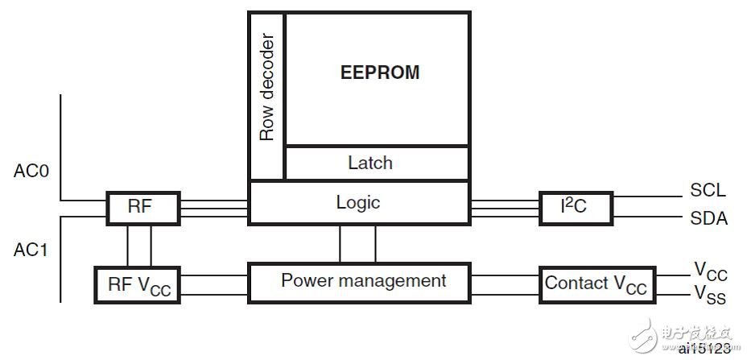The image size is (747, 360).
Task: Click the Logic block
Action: [358, 202]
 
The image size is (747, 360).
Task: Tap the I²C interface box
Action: [575, 207]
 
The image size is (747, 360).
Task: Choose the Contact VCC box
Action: [596, 284]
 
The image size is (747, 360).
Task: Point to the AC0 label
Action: [32, 171]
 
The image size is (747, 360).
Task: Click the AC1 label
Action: [32, 250]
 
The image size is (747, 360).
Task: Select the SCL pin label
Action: [708, 191]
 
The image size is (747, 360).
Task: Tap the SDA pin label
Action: [708, 217]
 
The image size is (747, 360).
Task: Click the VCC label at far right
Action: [709, 271]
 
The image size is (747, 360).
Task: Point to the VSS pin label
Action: [709, 296]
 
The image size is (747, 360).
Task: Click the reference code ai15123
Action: [705, 350]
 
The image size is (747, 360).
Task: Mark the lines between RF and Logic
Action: [214, 208]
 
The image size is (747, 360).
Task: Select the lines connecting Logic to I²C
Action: [505, 208]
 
